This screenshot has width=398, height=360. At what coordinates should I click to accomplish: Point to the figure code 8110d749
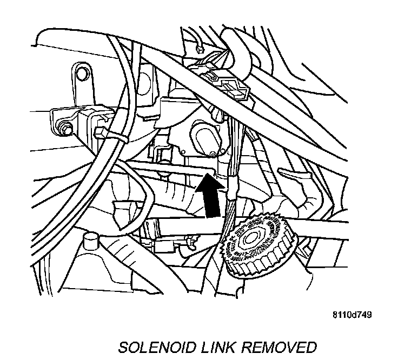(x=351, y=314)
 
